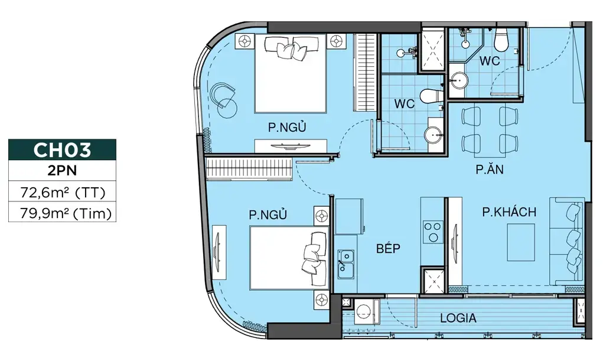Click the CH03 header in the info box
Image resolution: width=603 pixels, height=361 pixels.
tap(62, 150)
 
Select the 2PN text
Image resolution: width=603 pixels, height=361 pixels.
tap(62, 171)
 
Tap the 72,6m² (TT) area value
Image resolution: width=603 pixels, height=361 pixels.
tap(63, 191)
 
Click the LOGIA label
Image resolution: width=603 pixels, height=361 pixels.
tap(458, 318)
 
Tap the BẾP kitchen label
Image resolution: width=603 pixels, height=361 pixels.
tap(388, 248)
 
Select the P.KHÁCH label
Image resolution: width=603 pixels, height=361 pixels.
tap(509, 212)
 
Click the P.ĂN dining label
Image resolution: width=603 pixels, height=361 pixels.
tap(490, 170)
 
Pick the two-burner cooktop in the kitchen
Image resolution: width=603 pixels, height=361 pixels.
tap(433, 232)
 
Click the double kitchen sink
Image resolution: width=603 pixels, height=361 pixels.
tap(346, 264)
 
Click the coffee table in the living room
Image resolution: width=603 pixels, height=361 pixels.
tap(521, 242)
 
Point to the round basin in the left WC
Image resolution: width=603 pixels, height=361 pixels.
tap(434, 135)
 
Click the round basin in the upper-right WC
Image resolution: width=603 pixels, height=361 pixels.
tap(458, 81)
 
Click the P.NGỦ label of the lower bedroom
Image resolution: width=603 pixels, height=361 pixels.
tap(268, 214)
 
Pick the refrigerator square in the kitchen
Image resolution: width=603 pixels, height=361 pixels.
tap(349, 217)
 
